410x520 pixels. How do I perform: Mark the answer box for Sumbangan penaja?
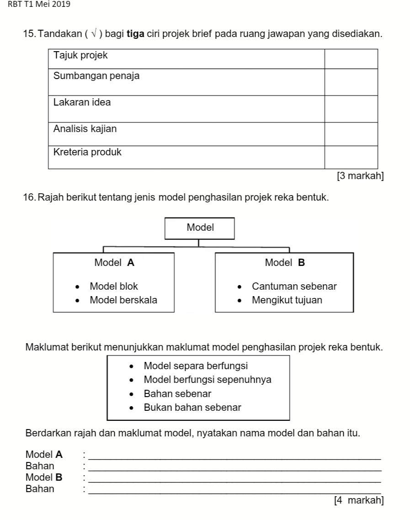tap(351, 82)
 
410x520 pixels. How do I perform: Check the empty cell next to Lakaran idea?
tap(351, 109)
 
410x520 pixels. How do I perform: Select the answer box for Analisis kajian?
tap(351, 134)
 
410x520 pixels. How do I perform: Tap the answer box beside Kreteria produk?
tap(351, 157)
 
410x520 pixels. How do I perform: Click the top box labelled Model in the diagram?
tap(200, 228)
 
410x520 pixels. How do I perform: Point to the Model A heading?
tap(114, 263)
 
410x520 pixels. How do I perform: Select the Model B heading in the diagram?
tap(284, 263)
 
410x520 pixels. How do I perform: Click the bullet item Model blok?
tap(114, 287)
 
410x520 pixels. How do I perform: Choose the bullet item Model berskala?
tap(123, 300)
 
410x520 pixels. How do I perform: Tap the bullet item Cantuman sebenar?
tap(294, 287)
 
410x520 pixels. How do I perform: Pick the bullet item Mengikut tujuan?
tap(287, 300)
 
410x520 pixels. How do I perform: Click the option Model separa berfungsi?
tap(196, 366)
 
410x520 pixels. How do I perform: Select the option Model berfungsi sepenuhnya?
tap(207, 380)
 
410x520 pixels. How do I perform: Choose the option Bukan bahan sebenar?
tap(192, 407)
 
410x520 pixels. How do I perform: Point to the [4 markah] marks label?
tap(359, 500)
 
